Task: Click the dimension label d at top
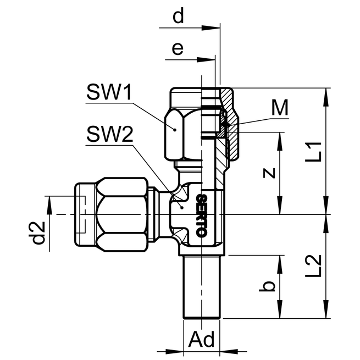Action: (x=178, y=16)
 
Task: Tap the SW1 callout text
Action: (x=108, y=93)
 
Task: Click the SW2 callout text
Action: (x=109, y=135)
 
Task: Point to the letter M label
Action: (x=280, y=108)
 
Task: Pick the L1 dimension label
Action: (x=313, y=151)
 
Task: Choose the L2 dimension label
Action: (x=313, y=266)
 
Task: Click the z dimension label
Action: (x=268, y=173)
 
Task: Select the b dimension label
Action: (x=268, y=286)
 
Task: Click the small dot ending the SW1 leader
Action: (x=175, y=129)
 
